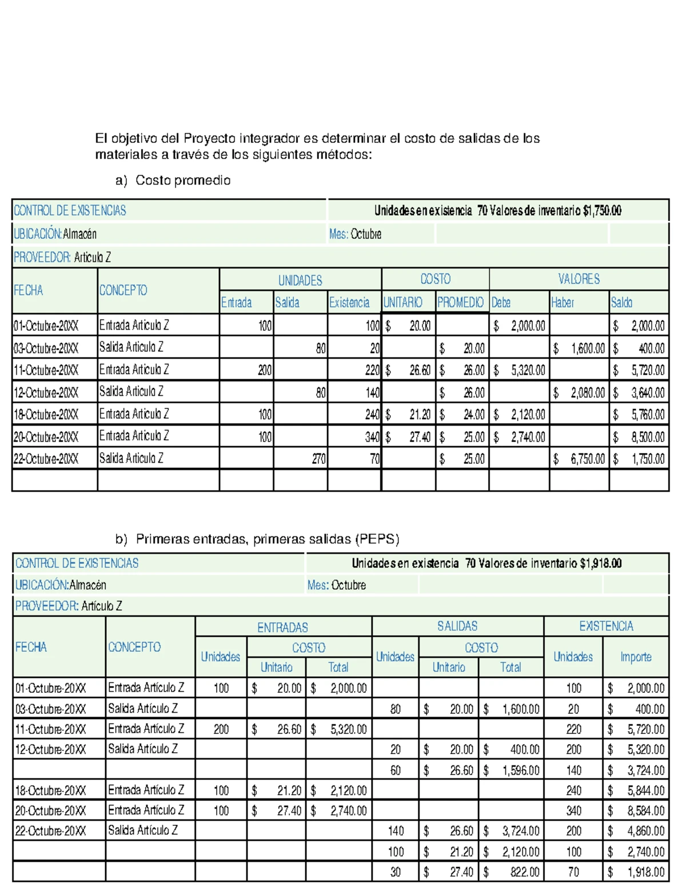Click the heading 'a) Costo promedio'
coord(173,180)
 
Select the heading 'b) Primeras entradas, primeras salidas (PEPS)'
coord(257,539)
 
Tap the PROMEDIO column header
coord(461,302)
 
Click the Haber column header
coord(563,302)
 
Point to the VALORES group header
coord(579,279)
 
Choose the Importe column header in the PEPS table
coord(636,657)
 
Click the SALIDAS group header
coord(457,626)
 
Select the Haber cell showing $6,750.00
coord(579,459)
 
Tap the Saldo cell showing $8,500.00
coord(639,437)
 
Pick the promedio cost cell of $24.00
coord(462,415)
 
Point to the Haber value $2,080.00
coord(579,392)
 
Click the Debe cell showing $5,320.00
coord(519,370)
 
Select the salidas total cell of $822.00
coord(511,872)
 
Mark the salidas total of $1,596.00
coord(511,770)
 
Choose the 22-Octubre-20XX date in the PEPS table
coord(50,831)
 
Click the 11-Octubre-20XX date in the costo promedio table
coord(46,370)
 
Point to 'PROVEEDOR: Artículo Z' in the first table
coord(62,257)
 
